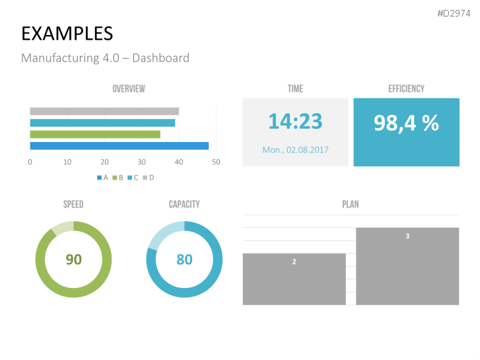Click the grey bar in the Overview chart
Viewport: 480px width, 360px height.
click(104, 111)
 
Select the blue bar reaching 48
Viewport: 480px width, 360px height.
click(119, 146)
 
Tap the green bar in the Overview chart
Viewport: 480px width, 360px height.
click(95, 134)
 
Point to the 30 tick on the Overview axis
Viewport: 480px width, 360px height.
click(141, 162)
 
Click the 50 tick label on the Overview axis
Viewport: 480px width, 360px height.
click(216, 162)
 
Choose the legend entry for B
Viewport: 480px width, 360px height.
click(118, 177)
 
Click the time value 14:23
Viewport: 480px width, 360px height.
click(295, 122)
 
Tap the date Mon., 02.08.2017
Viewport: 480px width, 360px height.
click(295, 150)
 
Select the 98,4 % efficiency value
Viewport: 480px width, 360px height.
click(406, 122)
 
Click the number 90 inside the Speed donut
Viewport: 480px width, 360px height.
click(73, 260)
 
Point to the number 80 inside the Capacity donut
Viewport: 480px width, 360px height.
click(184, 260)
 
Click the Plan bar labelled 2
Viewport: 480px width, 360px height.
click(294, 279)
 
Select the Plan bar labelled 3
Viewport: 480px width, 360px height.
click(407, 266)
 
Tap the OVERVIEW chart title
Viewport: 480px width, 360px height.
click(129, 89)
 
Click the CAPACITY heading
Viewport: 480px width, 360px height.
click(184, 205)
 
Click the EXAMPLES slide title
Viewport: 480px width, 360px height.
click(67, 34)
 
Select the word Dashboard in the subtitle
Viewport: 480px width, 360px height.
click(160, 58)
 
